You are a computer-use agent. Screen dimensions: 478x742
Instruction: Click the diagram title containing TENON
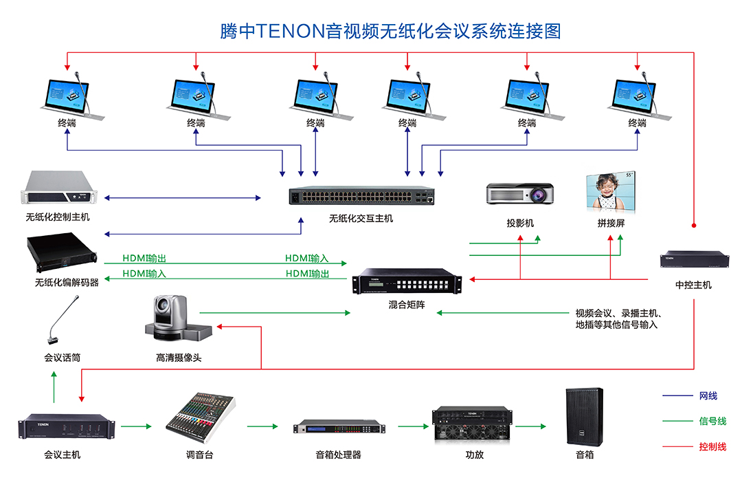tap(390, 31)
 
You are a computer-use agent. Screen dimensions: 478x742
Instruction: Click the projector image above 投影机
tap(520, 194)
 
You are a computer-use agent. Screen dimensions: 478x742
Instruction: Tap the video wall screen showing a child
tap(610, 192)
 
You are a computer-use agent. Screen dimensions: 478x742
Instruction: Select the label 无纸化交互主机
tap(361, 219)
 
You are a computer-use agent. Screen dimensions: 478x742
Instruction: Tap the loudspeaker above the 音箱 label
tap(585, 416)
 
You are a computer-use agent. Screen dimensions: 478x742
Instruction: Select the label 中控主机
tap(693, 285)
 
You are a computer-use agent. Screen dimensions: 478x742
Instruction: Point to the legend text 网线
tap(708, 395)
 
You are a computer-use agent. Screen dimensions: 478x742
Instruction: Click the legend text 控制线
tap(712, 447)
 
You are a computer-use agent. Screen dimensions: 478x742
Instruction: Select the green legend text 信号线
tap(712, 421)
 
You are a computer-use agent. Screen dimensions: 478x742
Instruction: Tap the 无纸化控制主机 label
tap(58, 217)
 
